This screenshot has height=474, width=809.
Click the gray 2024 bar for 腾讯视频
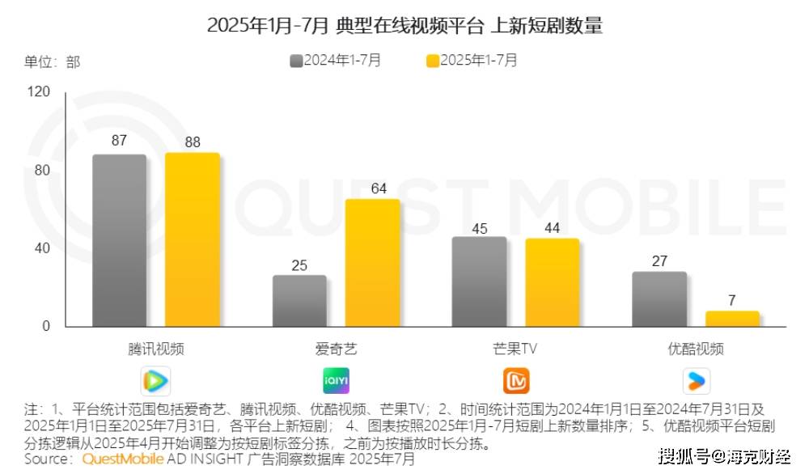pyautogui.click(x=119, y=240)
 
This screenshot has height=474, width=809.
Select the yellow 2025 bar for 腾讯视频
pyautogui.click(x=193, y=239)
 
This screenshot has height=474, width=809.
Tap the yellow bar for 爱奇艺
pyautogui.click(x=372, y=263)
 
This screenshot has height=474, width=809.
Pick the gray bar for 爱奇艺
pyautogui.click(x=299, y=301)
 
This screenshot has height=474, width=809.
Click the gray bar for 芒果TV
pyautogui.click(x=479, y=281)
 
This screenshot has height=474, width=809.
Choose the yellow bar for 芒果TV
pyautogui.click(x=552, y=282)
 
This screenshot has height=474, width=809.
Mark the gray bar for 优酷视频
pyautogui.click(x=659, y=299)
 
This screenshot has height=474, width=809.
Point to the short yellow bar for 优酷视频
pyautogui.click(x=732, y=319)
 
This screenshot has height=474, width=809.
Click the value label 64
pyautogui.click(x=379, y=188)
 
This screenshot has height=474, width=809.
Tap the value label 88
pyautogui.click(x=193, y=142)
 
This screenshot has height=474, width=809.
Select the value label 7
pyautogui.click(x=732, y=300)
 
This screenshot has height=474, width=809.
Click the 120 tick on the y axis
pyautogui.click(x=40, y=92)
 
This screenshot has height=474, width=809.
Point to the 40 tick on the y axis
pyautogui.click(x=41, y=248)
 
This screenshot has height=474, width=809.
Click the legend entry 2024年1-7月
pyautogui.click(x=336, y=60)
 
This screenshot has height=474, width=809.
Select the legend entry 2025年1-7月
pyautogui.click(x=472, y=60)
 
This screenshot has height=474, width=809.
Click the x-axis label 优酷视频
pyautogui.click(x=696, y=349)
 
